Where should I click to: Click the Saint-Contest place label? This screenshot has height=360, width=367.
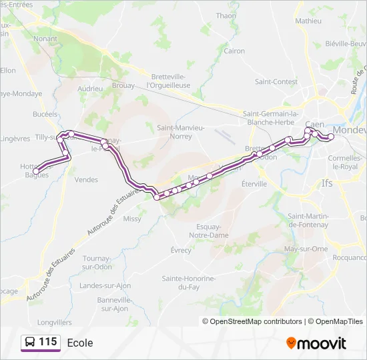(x=276, y=82)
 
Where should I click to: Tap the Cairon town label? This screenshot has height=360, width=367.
(x=234, y=51)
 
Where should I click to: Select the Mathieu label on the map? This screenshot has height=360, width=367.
(x=308, y=21)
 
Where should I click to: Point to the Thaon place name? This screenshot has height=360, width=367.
(x=226, y=15)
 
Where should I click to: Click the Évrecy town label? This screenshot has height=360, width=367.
(x=181, y=250)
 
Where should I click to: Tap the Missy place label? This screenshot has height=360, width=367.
(x=132, y=218)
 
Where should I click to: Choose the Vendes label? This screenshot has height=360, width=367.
(x=86, y=179)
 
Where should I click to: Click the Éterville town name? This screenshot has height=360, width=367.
(x=254, y=183)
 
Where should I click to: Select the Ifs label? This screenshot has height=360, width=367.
(x=327, y=182)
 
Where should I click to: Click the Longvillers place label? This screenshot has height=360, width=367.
(x=55, y=321)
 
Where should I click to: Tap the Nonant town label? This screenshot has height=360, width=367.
(x=45, y=39)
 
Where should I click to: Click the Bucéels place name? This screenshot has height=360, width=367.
(x=45, y=114)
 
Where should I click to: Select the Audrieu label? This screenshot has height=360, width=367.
(x=89, y=88)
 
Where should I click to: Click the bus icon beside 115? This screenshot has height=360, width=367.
(x=30, y=342)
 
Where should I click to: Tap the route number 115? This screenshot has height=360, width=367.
(x=48, y=342)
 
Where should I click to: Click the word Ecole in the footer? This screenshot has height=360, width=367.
(x=80, y=343)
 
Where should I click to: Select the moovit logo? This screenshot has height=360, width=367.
(x=316, y=343)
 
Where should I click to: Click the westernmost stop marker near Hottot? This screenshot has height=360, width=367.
(x=36, y=172)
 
